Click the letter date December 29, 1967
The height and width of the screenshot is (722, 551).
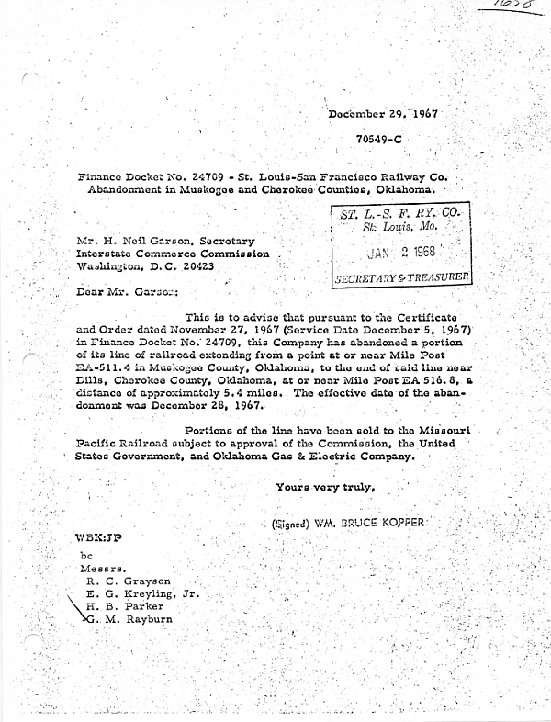382,117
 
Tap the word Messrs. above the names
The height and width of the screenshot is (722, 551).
102,569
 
